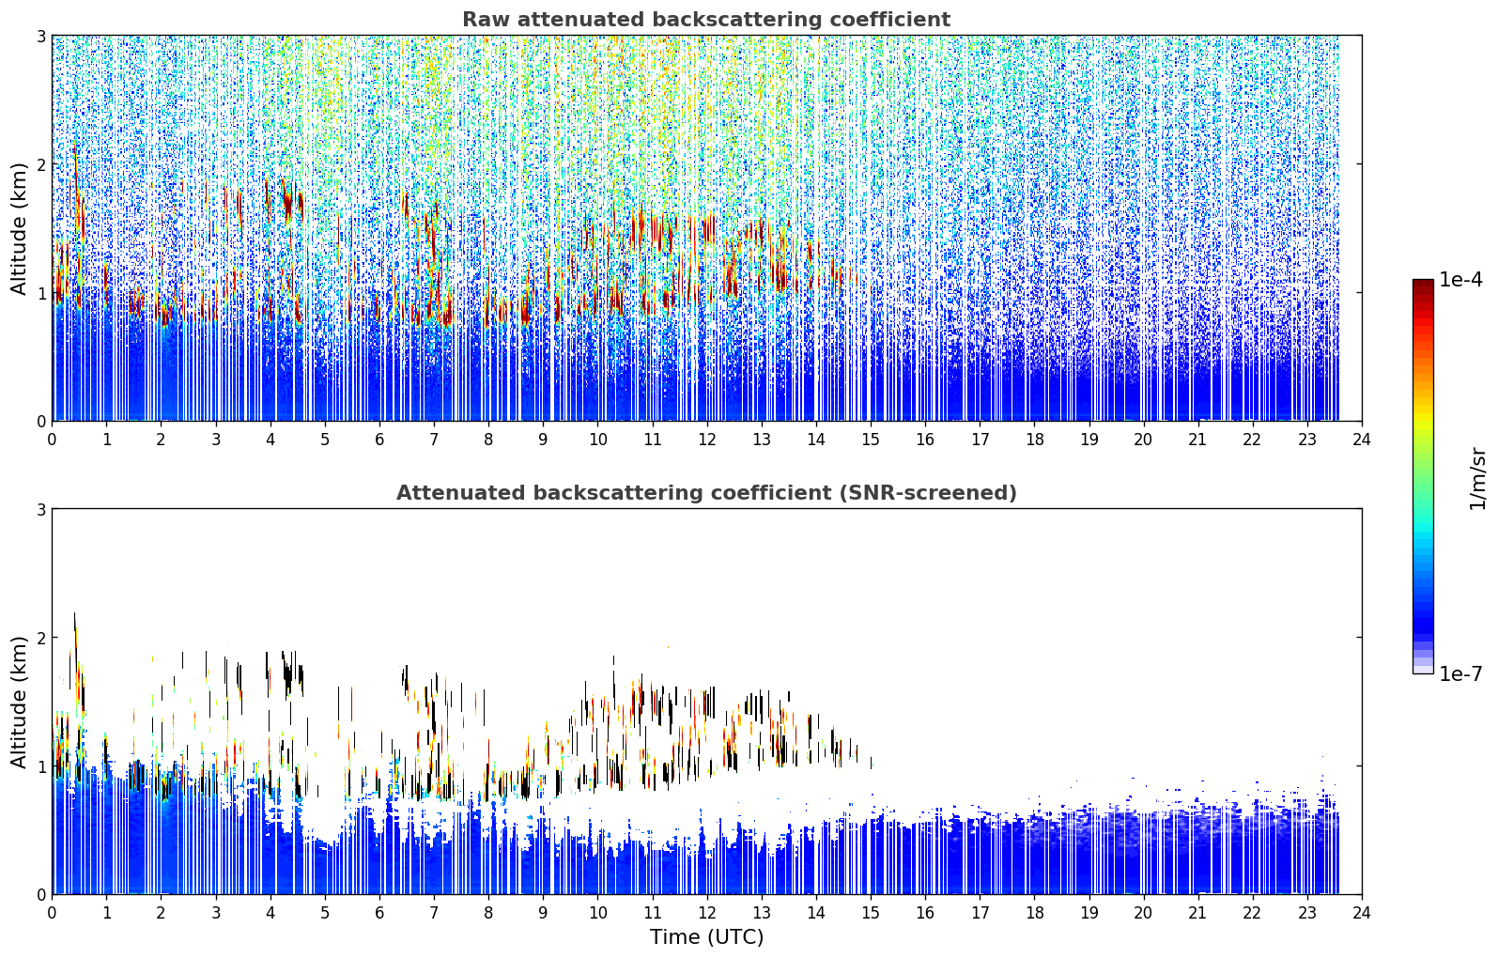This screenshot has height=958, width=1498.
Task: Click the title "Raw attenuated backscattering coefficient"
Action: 706,20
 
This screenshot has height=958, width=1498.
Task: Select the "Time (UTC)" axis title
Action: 706,937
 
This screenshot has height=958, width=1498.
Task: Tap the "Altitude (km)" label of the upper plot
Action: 19,229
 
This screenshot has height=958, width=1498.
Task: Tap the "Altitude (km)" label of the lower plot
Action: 19,702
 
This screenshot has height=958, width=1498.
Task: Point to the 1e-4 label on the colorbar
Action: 1460,280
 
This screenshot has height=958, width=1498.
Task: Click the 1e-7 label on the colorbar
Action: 1460,673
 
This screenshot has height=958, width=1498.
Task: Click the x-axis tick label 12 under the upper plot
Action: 707,440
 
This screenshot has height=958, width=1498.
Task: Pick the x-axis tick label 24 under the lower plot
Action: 1362,913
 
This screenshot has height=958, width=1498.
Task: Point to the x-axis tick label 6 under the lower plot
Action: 379,913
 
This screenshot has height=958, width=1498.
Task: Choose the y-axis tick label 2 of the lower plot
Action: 40,638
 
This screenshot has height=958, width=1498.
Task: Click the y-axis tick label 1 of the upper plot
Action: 40,293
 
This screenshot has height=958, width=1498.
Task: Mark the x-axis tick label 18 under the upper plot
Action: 1035,440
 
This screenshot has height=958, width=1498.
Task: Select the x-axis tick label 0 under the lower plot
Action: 53,913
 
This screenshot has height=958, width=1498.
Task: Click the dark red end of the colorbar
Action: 1423,284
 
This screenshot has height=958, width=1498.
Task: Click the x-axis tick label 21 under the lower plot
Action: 1197,913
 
